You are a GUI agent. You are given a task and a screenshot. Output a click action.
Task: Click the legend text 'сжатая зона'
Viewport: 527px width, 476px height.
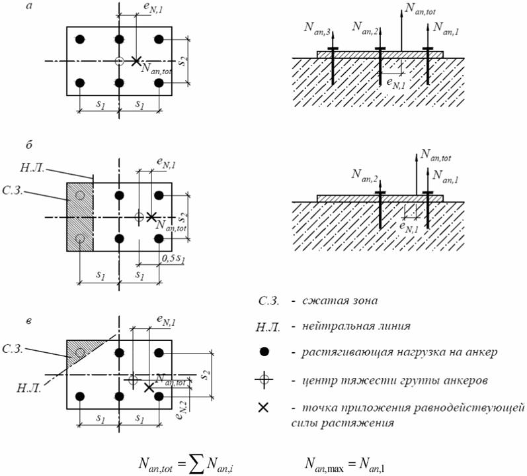pos(339,301)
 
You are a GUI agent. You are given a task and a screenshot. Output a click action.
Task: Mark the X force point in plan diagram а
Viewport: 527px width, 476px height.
pos(136,61)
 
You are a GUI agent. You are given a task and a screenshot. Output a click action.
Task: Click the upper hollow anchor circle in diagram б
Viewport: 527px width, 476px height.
pos(80,195)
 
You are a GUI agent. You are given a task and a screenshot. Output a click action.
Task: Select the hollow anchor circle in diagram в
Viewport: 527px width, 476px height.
pos(80,353)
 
